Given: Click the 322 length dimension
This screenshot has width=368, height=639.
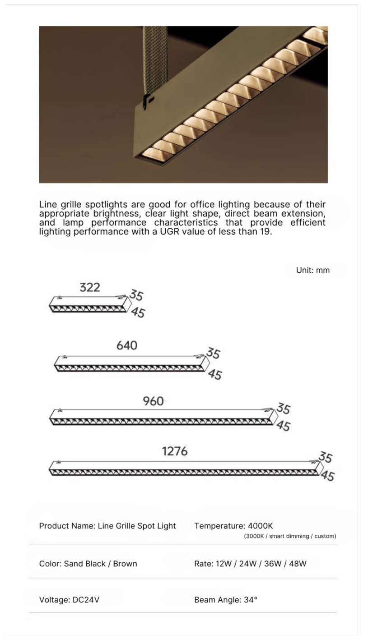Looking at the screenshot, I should coord(90,288).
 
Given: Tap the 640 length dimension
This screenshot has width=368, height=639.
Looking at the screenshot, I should coord(127,345).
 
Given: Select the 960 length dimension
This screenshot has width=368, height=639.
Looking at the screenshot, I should coord(153,401).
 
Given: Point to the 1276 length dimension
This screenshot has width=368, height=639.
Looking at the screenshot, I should coord(175,451).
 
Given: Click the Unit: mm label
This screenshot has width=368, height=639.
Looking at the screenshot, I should coord(313,270).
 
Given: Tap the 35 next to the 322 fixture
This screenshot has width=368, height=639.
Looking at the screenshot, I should coord(136,295).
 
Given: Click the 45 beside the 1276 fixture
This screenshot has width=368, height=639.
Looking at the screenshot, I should coord(328,476).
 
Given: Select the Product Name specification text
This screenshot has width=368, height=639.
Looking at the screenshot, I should coord(107,526).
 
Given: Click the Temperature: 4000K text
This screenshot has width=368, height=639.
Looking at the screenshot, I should coord(233,526).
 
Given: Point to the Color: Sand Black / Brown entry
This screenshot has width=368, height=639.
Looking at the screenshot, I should coord(88,564).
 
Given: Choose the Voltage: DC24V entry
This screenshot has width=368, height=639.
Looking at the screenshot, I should coord(69,600).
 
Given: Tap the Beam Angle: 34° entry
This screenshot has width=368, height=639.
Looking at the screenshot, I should coord(226,600).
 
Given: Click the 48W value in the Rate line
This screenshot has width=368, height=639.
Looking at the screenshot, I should coord(298,564).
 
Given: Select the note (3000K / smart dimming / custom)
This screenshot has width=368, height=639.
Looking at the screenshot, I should coord(290,536).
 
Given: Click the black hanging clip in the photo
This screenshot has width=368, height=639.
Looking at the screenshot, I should coord(147,101).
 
